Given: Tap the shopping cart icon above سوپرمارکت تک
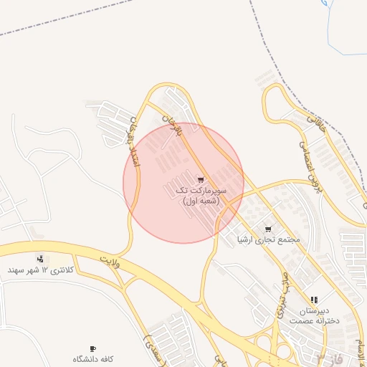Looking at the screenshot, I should (x=201, y=180).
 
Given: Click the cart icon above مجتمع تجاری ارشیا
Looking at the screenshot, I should (x=268, y=229).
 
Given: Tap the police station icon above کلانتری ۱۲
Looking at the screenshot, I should (x=40, y=258).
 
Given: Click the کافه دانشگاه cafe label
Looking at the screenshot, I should (x=92, y=358).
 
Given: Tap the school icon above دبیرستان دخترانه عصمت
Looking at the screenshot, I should (x=314, y=300).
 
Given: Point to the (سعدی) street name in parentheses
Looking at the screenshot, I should (x=153, y=340).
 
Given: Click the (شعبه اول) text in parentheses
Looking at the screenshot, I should (x=199, y=202).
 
